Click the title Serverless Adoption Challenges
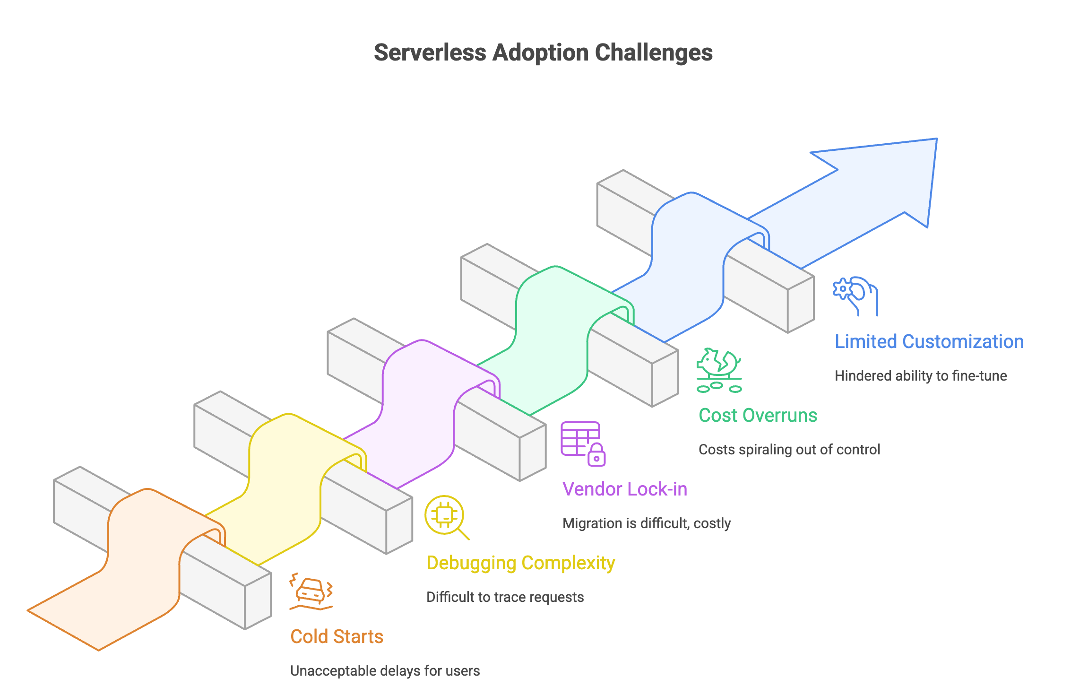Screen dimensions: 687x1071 point(543,52)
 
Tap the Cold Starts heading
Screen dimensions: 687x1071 point(337,636)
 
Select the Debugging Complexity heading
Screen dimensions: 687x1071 point(520,563)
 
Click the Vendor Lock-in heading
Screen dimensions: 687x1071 point(624,489)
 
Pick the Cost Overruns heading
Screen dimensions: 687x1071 point(758,415)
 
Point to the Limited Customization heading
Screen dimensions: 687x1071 point(929,341)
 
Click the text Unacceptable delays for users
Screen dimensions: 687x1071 point(385,670)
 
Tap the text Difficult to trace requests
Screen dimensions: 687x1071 point(505,597)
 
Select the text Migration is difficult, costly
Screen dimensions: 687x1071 point(646,523)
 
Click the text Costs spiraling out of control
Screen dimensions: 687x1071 point(789,449)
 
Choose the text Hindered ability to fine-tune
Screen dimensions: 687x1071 point(920,375)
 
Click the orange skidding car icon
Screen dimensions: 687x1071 point(311,592)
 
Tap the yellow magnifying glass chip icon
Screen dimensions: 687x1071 point(445,517)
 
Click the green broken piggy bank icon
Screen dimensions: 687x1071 point(719,370)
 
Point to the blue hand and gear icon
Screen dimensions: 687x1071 point(855,296)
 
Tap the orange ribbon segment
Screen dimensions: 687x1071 point(142,567)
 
